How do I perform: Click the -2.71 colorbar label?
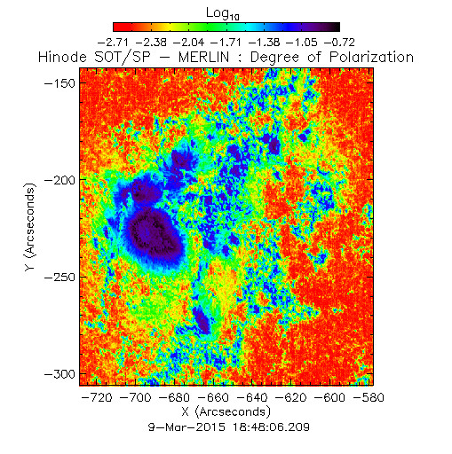[x=113, y=43]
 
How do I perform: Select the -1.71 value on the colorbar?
[x=226, y=43]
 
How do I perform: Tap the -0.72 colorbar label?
[x=339, y=43]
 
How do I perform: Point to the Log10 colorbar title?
[x=223, y=14]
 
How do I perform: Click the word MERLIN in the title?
[x=204, y=57]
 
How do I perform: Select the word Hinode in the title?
[x=63, y=57]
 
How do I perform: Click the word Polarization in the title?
[x=371, y=57]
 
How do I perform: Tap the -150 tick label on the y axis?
[x=60, y=83]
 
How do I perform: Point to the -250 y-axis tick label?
[x=60, y=278]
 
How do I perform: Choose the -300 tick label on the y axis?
[x=60, y=374]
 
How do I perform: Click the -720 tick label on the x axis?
[x=97, y=397]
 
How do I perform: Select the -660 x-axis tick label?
[x=213, y=397]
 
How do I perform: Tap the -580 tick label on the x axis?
[x=369, y=397]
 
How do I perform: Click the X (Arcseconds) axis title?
[x=226, y=411]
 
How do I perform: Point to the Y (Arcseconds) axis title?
[x=30, y=227]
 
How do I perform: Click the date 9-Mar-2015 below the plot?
[x=186, y=427]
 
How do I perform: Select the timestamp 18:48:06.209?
[x=271, y=427]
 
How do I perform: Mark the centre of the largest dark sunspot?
[x=154, y=233]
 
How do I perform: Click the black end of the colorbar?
[x=337, y=27]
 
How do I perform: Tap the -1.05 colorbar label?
[x=302, y=43]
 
